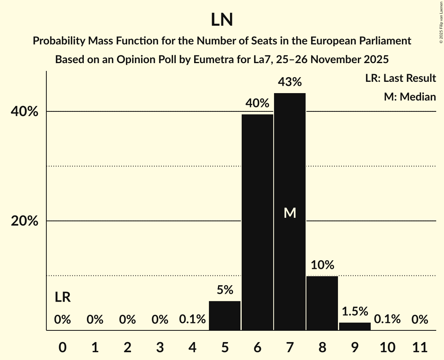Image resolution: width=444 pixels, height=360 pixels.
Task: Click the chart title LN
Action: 222,20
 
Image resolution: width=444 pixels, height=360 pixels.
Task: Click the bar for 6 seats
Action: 257,222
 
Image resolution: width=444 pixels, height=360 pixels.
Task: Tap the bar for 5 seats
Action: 225,316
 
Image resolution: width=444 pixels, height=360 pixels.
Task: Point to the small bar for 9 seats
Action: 355,326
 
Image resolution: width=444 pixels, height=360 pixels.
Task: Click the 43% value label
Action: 290,82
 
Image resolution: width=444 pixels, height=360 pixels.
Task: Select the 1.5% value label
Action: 355,311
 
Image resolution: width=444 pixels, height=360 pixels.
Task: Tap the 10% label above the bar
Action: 322,265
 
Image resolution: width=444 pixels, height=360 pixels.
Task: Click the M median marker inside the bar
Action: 290,213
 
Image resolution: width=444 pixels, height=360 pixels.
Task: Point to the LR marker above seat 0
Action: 62,298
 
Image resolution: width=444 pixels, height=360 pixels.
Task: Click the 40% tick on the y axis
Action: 24,112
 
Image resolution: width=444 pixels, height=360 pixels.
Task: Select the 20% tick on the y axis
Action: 24,221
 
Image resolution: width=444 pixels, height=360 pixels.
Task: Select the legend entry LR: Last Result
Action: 400,78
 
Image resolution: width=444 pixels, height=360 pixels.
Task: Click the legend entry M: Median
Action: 410,97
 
